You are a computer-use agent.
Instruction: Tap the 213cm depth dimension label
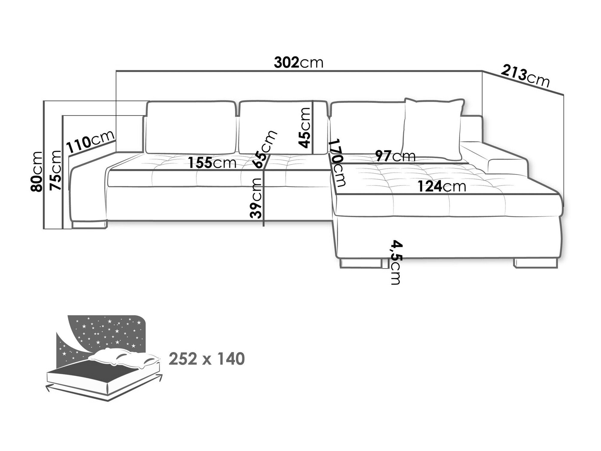tap(525, 78)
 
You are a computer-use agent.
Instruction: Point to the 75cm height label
tap(56, 170)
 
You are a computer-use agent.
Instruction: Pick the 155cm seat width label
tap(212, 163)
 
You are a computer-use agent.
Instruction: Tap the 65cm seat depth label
tap(264, 149)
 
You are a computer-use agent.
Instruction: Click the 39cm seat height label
tap(256, 198)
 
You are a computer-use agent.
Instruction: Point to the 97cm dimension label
tap(395, 156)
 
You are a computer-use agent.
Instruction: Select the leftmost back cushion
tap(191, 128)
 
